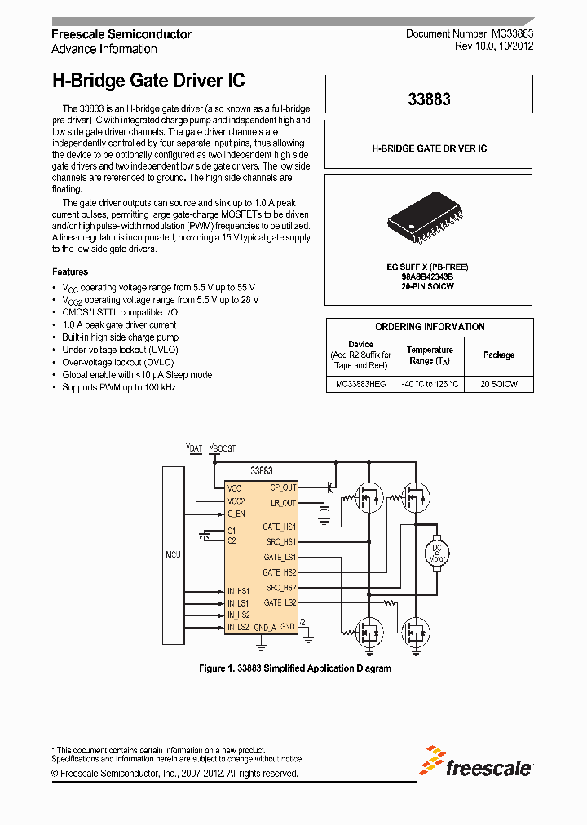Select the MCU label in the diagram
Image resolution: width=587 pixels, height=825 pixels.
(172, 554)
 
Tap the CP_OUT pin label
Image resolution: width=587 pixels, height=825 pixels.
(283, 487)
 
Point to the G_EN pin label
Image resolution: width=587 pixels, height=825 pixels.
(236, 514)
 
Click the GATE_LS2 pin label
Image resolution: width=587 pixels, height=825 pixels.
(280, 602)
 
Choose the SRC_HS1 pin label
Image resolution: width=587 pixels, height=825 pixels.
(281, 541)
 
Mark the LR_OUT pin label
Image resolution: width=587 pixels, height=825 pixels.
(284, 503)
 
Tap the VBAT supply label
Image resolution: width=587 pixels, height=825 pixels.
(194, 448)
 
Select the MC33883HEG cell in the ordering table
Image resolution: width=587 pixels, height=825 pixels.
(361, 383)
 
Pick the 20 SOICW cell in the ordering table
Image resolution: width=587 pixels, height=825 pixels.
(499, 383)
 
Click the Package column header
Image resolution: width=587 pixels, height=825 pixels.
(499, 355)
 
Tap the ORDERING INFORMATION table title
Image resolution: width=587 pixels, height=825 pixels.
(430, 327)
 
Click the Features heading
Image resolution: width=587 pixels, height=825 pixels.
(70, 271)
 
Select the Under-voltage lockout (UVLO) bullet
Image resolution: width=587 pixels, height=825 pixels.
(113, 350)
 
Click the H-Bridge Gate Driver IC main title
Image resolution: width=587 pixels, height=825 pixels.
(148, 81)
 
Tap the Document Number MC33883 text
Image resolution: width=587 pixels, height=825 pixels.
(470, 34)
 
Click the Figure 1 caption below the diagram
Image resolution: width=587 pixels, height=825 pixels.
(295, 668)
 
